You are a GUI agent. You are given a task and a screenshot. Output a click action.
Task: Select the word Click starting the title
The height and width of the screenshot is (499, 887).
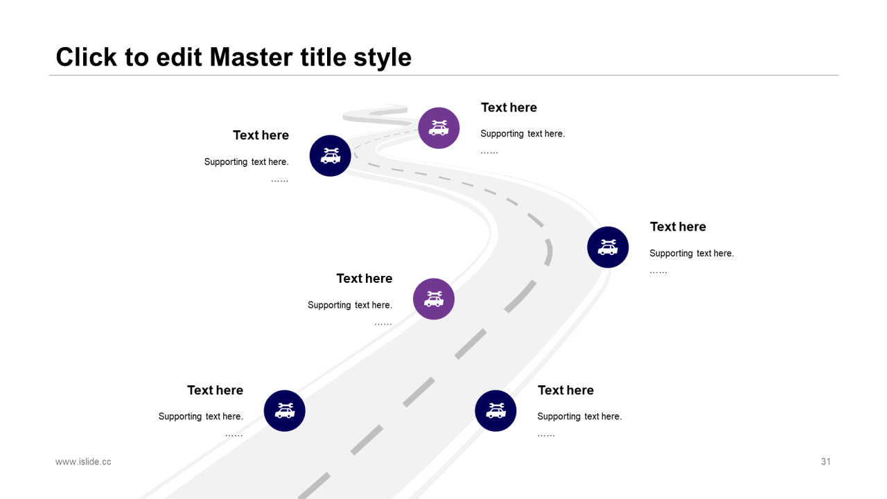[x=86, y=57]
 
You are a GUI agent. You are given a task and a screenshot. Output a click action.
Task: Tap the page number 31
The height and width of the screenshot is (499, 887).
[x=825, y=462]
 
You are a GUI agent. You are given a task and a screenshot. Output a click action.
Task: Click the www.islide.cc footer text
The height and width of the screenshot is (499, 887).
[x=83, y=462]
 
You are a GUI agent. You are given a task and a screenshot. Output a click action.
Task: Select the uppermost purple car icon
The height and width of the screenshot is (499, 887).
[x=439, y=128]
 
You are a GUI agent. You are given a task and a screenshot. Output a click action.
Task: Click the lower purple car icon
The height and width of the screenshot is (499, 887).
[x=434, y=299]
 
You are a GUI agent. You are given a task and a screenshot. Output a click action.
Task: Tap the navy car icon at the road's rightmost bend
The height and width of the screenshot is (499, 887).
[x=608, y=247]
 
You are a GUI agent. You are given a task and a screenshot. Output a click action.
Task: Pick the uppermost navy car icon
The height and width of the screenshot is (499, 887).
[x=331, y=156]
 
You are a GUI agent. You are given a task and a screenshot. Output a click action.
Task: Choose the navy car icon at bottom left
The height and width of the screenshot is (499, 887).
[x=285, y=411]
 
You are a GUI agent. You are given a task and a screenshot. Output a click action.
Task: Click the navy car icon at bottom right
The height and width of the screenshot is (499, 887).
[x=495, y=411]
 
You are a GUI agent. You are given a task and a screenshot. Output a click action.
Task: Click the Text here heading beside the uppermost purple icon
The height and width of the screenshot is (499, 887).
[x=509, y=107]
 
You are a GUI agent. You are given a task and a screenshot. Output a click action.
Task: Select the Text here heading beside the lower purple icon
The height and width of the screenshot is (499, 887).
[x=364, y=279]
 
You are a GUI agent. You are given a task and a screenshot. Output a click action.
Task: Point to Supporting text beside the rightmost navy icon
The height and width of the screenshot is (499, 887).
[x=691, y=254]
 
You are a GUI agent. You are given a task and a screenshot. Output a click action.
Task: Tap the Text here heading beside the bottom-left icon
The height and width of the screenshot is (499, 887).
[x=215, y=390]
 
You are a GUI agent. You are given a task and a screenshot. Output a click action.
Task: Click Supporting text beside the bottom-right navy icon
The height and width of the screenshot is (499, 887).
[x=579, y=417]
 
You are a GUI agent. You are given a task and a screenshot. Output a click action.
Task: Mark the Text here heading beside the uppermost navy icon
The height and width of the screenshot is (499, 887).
[x=261, y=135]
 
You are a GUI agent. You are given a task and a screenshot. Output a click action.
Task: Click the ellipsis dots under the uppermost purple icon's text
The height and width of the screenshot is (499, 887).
[x=489, y=151]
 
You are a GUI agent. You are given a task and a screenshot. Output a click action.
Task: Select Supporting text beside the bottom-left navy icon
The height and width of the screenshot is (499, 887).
[x=200, y=417]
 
